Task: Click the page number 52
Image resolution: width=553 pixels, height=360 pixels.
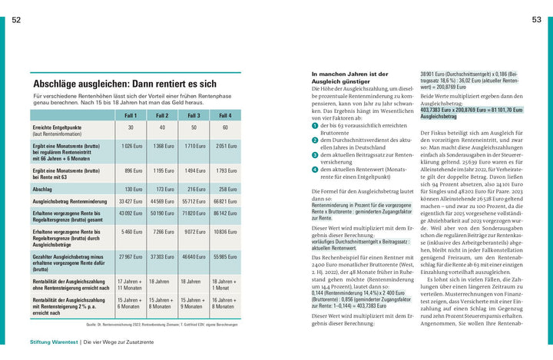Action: [16, 19]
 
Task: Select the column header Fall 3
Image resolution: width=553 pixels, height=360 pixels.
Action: [194, 115]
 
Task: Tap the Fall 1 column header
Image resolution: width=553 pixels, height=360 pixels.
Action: [131, 115]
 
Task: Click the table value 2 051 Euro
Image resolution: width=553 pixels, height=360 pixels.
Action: [226, 146]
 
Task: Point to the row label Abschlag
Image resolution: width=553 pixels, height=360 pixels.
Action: [43, 189]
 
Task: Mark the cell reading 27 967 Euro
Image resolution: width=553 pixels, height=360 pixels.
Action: [131, 257]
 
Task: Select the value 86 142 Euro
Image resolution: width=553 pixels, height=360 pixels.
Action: [225, 213]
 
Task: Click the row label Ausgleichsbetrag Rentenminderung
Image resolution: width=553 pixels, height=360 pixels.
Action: [68, 201]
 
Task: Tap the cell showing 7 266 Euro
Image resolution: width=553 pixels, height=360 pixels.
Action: [163, 231]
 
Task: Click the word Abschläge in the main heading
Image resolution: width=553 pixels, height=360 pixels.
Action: [57, 83]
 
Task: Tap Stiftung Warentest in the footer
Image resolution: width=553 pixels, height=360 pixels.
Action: [53, 341]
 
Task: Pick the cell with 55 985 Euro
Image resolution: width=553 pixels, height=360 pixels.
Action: [225, 257]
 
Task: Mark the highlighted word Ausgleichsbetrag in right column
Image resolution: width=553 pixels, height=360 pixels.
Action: [439, 117]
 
